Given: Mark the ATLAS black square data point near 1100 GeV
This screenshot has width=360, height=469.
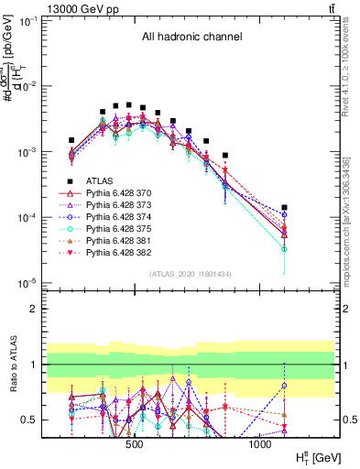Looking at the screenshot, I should click(284, 208).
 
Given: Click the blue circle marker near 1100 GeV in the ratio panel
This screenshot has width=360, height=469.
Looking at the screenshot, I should click(284, 386).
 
